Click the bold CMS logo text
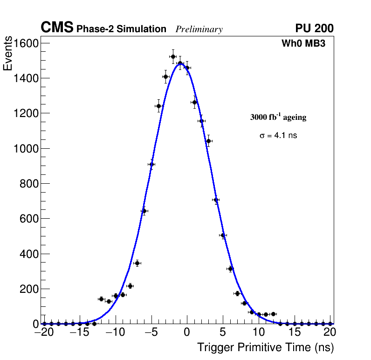click(x=57, y=28)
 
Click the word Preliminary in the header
click(x=199, y=29)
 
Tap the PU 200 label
click(x=314, y=28)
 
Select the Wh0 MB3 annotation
click(x=303, y=44)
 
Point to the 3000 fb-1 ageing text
click(x=278, y=117)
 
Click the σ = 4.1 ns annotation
click(x=278, y=136)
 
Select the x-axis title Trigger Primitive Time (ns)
click(x=265, y=347)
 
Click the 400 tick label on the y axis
click(x=29, y=254)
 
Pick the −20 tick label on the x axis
click(x=44, y=332)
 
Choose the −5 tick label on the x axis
click(x=151, y=332)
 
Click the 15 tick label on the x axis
click(x=294, y=332)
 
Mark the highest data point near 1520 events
click(x=173, y=56)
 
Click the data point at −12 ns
click(x=101, y=299)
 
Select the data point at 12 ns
click(x=273, y=314)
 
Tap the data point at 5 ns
click(x=223, y=235)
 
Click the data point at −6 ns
click(x=144, y=211)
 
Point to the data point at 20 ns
click(x=330, y=324)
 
